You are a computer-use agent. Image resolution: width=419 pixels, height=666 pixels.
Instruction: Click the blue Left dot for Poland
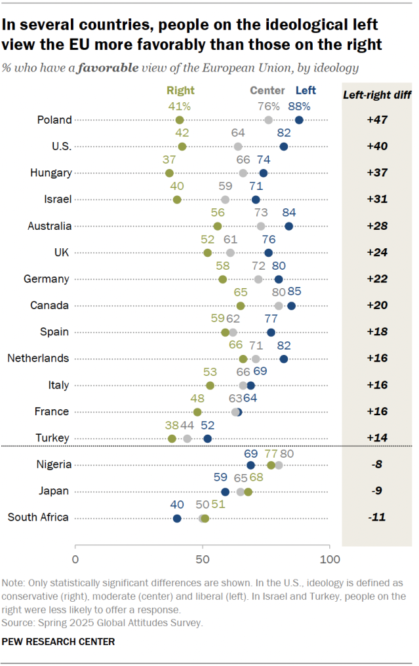[299, 120]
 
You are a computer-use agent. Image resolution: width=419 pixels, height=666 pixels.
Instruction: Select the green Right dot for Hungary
[169, 173]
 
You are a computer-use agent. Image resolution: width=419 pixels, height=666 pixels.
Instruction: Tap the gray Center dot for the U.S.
[238, 147]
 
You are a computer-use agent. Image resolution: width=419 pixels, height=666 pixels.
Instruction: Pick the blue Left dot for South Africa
[177, 518]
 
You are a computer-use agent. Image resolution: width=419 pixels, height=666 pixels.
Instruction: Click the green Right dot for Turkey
[172, 439]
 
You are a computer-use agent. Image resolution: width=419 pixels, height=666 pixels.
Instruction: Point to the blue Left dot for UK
[268, 253]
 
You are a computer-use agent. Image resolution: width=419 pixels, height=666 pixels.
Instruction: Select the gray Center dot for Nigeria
[279, 465]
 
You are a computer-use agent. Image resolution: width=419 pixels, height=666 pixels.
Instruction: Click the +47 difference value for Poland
[376, 120]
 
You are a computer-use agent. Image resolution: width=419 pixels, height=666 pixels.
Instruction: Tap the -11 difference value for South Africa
[376, 518]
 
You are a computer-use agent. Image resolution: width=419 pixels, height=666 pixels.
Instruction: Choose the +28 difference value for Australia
[376, 226]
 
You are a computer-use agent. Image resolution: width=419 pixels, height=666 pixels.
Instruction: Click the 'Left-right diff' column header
[377, 95]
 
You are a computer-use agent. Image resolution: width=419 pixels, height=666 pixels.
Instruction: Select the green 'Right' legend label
[180, 91]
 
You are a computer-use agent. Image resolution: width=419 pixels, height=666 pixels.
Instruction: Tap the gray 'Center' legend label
[268, 91]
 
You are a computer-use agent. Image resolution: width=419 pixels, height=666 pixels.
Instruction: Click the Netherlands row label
[38, 358]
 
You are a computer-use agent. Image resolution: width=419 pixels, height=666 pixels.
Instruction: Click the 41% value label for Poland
[179, 106]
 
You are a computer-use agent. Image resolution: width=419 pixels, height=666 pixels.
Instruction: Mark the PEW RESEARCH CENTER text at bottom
[59, 641]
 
